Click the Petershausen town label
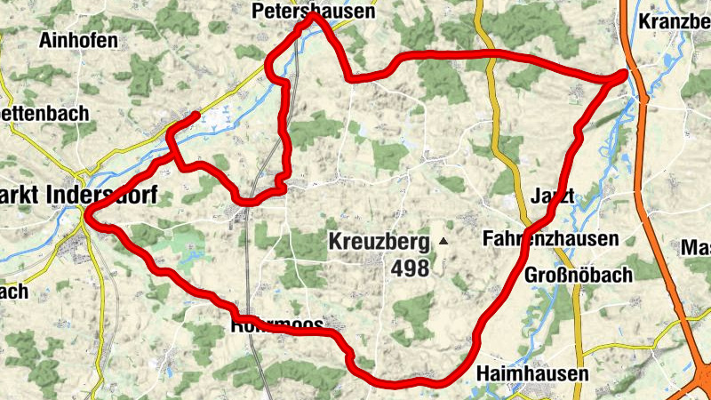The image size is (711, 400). (x=313, y=12)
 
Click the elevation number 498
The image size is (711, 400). (x=410, y=268)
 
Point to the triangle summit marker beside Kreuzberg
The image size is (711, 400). (x=443, y=241)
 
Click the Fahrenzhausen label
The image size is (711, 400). (x=550, y=239)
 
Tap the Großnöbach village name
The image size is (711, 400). (x=578, y=274)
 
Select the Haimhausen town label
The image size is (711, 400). (x=531, y=373)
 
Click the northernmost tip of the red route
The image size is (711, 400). (x=311, y=19)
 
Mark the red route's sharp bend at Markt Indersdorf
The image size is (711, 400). (x=85, y=212)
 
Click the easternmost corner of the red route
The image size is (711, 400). (x=626, y=76)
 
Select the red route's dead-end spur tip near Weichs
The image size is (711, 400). (x=196, y=116)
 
